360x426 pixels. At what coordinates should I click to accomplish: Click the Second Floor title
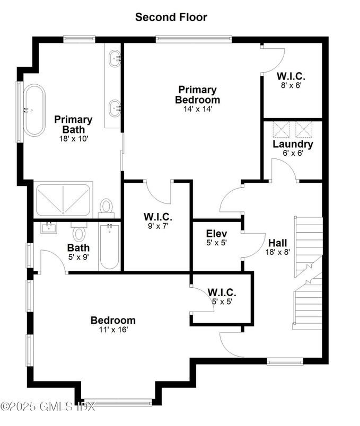(x=171, y=17)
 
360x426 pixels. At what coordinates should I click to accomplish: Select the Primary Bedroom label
(x=197, y=95)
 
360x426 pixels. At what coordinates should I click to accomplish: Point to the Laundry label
(x=293, y=144)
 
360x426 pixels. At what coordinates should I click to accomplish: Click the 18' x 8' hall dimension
(x=277, y=252)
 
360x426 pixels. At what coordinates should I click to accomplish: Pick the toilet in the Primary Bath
(x=107, y=207)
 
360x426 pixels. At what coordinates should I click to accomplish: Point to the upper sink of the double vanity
(x=114, y=59)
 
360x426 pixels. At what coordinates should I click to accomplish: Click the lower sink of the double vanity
(x=114, y=108)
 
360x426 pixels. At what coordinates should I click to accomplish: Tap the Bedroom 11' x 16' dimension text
(x=112, y=329)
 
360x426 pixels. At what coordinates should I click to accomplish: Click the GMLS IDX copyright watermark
(x=48, y=407)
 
